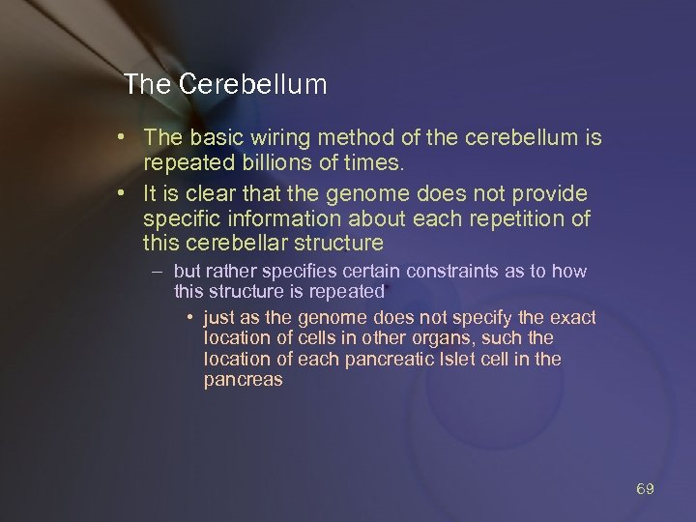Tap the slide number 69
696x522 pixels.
pos(645,489)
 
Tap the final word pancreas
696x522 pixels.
pos(243,380)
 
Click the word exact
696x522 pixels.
pos(572,317)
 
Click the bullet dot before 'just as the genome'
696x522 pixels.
pos(193,317)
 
